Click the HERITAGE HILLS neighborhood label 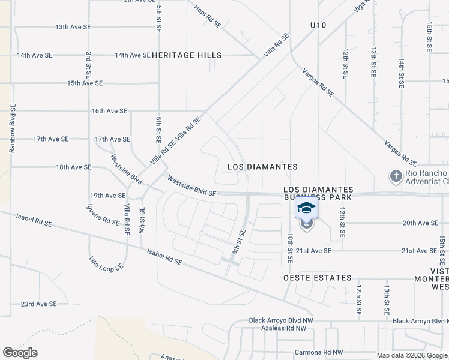187,55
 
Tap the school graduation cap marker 306,209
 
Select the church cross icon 395,176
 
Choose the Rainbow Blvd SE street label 11,129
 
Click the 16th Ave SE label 109,111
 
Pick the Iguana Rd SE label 103,221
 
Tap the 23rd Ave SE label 38,304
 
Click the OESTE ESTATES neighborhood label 317,278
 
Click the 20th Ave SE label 420,223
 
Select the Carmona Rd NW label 318,352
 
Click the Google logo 20,353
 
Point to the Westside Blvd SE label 191,185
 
